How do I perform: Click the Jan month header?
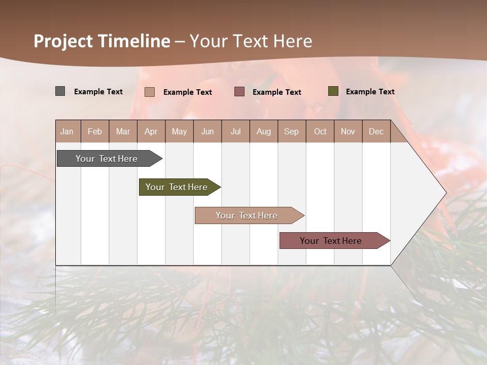(x=67, y=131)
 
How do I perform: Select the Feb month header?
(x=95, y=131)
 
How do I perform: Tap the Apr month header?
(x=151, y=131)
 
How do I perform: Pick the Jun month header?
(x=207, y=131)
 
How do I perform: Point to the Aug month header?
(x=264, y=131)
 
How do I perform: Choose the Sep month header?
(x=292, y=131)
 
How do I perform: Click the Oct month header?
(x=320, y=131)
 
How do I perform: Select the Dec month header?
(x=376, y=131)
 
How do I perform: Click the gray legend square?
(x=60, y=91)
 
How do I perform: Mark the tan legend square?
(x=150, y=92)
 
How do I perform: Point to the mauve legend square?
(x=239, y=91)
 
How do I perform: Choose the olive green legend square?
(x=333, y=91)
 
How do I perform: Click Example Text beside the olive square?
(x=370, y=92)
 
